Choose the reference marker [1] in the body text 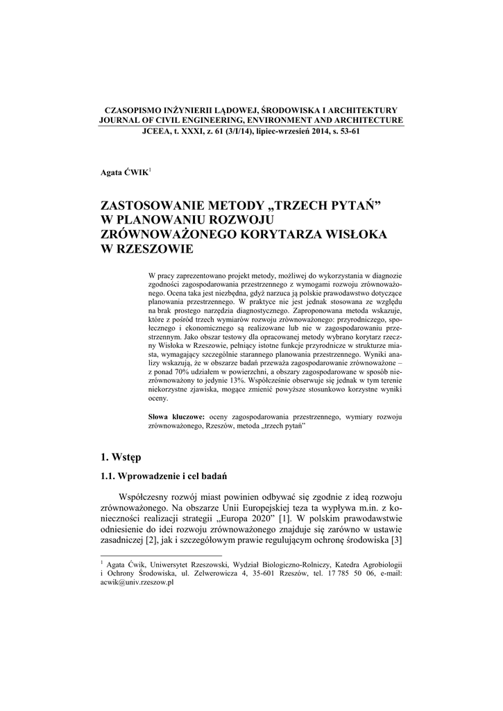[x=285, y=518]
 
